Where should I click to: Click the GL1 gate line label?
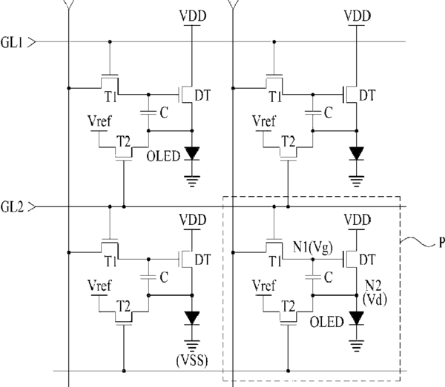point(12,42)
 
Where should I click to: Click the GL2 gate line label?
point(12,207)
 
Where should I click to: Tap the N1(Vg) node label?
point(313,248)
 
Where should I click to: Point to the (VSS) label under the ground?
point(192,360)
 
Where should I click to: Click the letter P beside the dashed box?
point(441,243)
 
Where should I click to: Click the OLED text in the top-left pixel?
point(163,156)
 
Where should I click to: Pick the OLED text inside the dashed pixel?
point(326,322)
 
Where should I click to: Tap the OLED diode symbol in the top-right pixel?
point(357,154)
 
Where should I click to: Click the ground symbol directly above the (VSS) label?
point(192,346)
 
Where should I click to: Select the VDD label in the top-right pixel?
point(357,16)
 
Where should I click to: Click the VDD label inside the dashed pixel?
point(357,220)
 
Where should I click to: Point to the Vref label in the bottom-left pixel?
point(99,286)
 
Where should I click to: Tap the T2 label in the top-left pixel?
point(124,141)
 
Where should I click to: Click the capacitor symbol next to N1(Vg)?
point(313,277)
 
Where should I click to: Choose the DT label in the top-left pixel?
point(202,95)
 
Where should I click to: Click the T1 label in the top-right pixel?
point(275,97)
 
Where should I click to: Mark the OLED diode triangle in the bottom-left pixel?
point(192,317)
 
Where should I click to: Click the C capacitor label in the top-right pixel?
point(329,112)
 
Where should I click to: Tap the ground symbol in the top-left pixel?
point(192,181)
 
